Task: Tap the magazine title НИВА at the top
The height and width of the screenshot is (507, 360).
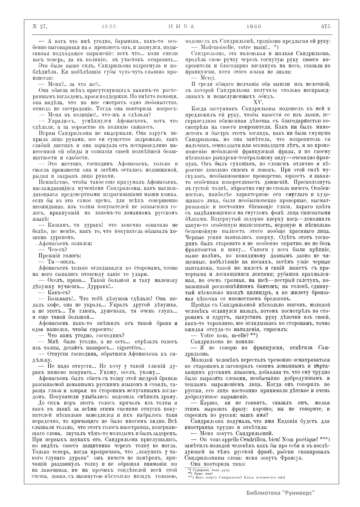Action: pos(180,26)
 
